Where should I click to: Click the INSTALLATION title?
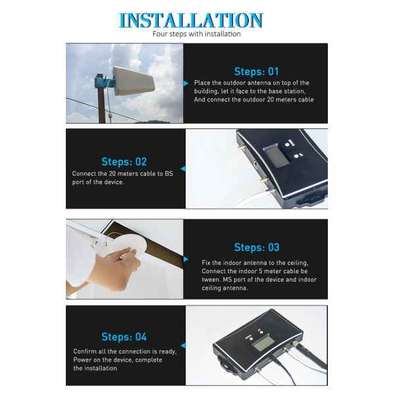click(191, 20)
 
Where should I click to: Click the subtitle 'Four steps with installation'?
click(196, 34)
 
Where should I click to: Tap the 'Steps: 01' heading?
click(257, 72)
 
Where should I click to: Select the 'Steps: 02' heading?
click(124, 162)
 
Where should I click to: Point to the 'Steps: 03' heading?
click(257, 248)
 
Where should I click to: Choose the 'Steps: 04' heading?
click(124, 337)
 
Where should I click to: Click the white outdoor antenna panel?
click(133, 81)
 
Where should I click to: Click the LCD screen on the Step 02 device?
click(276, 155)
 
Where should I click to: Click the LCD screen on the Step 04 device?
click(263, 344)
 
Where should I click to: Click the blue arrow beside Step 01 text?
click(186, 84)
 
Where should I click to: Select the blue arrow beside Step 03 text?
click(186, 259)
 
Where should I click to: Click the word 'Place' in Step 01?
click(202, 83)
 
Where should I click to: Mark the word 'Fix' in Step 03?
click(206, 263)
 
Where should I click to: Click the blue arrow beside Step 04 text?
click(183, 346)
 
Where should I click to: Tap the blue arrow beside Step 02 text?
click(183, 169)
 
